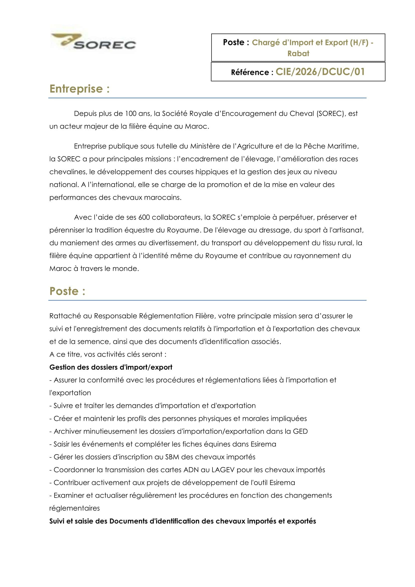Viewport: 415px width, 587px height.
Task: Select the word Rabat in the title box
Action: tap(298, 53)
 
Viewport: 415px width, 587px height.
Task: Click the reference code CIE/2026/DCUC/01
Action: tap(320, 72)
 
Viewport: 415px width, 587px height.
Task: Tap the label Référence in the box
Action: tap(250, 72)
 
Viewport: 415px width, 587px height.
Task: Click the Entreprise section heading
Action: tap(80, 89)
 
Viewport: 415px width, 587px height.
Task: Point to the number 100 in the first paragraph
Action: tap(131, 113)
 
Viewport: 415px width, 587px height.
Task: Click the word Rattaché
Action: tap(65, 316)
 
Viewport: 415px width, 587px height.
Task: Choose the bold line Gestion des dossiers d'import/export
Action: tap(111, 367)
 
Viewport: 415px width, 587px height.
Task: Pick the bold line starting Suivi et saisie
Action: tap(182, 521)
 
